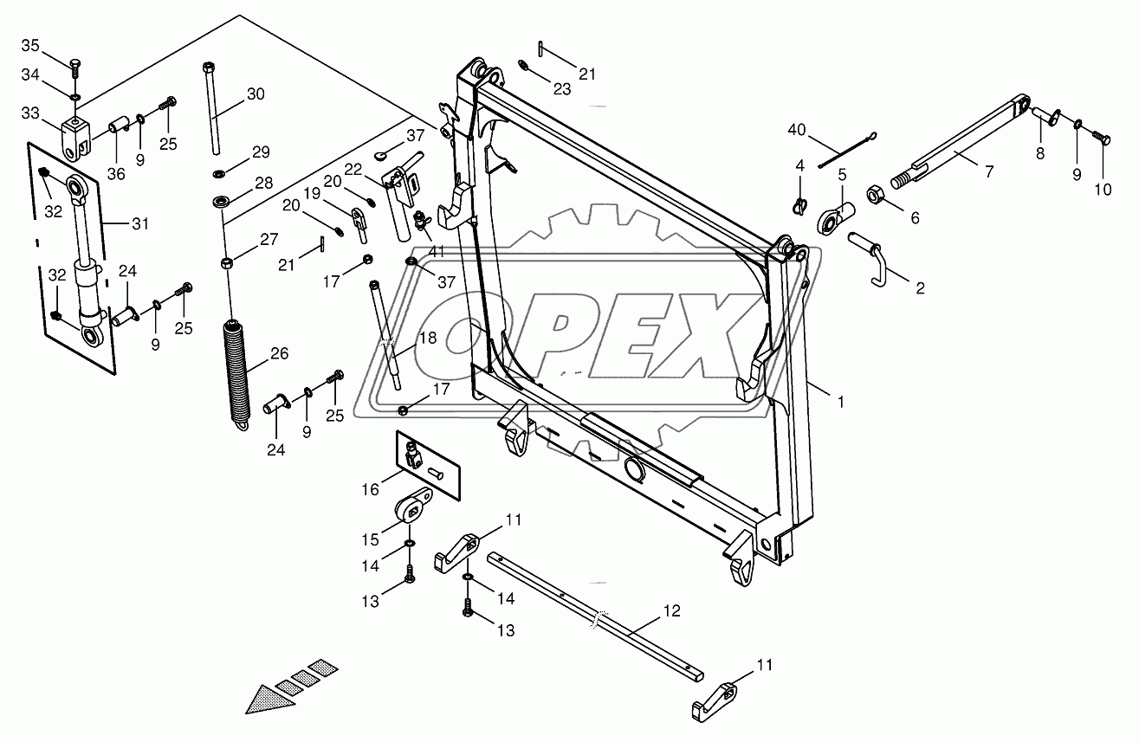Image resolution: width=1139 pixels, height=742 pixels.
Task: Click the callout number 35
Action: click(29, 45)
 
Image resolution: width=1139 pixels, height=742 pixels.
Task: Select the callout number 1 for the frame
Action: click(839, 401)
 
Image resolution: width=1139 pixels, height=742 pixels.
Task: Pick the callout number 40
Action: click(796, 131)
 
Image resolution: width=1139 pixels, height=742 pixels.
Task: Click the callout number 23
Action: click(562, 88)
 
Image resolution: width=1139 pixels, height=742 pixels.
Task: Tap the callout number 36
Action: click(115, 174)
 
